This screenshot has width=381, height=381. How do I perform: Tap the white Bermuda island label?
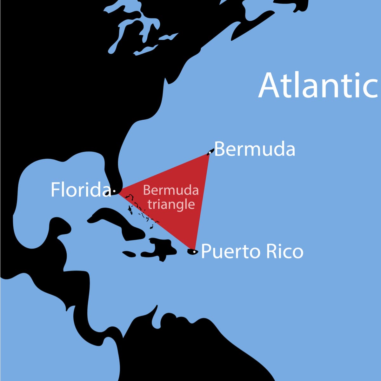tap(255, 149)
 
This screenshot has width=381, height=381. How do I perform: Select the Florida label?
tap(81, 190)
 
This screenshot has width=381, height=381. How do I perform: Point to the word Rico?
tap(284, 251)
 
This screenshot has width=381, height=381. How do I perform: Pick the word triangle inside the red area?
tap(171, 204)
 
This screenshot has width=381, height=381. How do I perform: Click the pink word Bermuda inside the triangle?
tap(171, 190)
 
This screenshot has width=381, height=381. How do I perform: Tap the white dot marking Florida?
tap(114, 191)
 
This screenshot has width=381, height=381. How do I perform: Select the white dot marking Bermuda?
tap(210, 152)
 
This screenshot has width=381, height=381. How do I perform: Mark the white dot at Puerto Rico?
tap(194, 252)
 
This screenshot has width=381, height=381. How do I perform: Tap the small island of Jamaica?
tap(129, 254)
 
